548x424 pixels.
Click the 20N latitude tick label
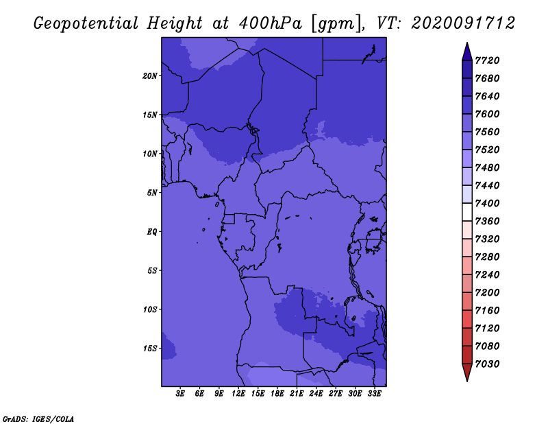(149, 76)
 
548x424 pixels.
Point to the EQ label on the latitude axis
(152, 232)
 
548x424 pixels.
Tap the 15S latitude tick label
(149, 349)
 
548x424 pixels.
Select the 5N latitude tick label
(152, 193)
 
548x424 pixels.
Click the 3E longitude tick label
(180, 394)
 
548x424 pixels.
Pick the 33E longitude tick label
(374, 394)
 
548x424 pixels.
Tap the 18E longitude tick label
(277, 394)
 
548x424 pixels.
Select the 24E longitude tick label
(316, 394)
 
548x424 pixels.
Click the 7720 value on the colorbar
(487, 60)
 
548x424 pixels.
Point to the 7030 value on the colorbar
(487, 364)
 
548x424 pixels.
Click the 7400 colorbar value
(487, 203)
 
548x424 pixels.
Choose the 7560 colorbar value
(487, 132)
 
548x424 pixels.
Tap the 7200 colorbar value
(487, 293)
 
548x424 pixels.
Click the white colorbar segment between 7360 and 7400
(467, 212)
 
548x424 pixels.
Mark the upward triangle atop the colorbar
(467, 53)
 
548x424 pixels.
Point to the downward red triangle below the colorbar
(467, 372)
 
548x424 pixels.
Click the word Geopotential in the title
(86, 24)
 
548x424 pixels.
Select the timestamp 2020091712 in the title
(463, 23)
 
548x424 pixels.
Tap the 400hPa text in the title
(270, 23)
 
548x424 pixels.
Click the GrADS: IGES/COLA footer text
(38, 419)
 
